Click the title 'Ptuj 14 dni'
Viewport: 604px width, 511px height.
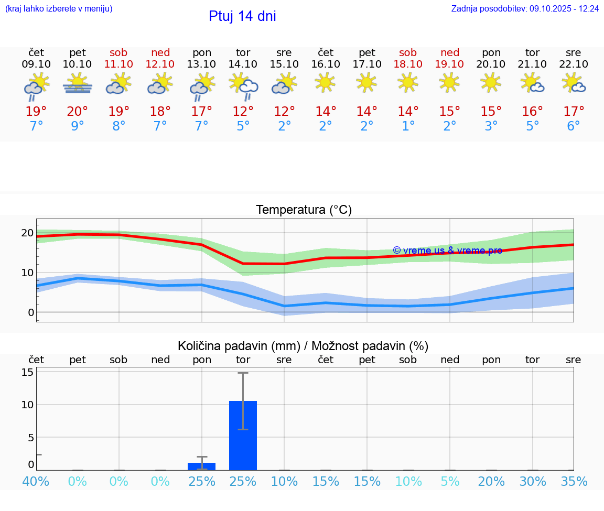coord(242,16)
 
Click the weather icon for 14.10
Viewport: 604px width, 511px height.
coord(243,85)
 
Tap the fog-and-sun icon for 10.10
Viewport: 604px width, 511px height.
coord(78,84)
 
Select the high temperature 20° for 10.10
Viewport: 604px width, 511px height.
coord(78,111)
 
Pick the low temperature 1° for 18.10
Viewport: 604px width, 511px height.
coord(408,126)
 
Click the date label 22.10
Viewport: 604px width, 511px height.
coord(574,64)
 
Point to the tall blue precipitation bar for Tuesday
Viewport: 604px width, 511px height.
coord(243,435)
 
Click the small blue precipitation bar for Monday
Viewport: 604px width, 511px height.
coord(202,466)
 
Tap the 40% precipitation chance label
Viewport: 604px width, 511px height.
coord(36,481)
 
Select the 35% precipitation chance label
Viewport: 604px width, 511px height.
coord(574,481)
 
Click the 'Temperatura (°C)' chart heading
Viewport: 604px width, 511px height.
coord(304,210)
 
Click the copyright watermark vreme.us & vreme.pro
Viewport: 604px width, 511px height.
coord(447,251)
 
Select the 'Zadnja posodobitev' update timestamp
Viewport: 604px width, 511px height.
coord(525,9)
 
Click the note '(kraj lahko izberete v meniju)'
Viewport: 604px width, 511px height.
coord(59,9)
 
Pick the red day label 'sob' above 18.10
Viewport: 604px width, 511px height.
coord(408,52)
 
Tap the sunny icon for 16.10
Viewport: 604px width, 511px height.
coord(326,82)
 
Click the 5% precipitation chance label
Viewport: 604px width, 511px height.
coord(450,481)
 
